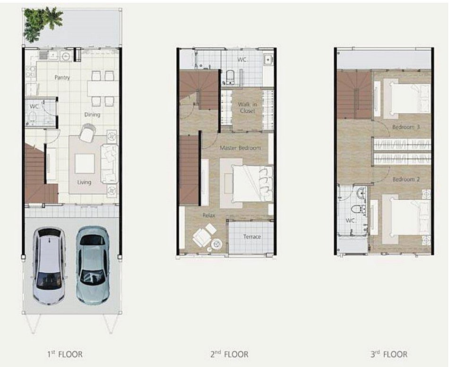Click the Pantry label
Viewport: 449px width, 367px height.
click(x=62, y=78)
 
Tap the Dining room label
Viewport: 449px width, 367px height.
click(x=92, y=115)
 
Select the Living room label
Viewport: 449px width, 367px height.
click(x=84, y=182)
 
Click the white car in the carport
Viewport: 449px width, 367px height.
click(x=49, y=266)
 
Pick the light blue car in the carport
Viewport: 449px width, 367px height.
click(x=93, y=265)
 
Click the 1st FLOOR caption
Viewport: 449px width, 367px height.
click(x=65, y=354)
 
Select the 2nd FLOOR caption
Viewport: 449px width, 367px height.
click(x=229, y=354)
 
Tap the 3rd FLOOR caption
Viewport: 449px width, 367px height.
click(x=389, y=354)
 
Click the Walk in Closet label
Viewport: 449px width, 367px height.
click(x=247, y=107)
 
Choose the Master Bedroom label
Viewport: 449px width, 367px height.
click(x=240, y=148)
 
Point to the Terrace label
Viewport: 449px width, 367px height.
click(x=252, y=237)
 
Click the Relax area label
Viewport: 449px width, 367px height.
click(x=209, y=215)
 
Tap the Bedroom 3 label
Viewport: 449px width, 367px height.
click(x=406, y=127)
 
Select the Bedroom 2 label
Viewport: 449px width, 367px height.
click(x=406, y=179)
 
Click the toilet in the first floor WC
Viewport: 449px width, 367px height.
click(x=32, y=117)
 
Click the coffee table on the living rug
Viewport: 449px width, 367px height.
click(x=85, y=163)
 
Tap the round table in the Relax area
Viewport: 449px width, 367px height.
click(x=216, y=244)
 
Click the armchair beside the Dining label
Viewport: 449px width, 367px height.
click(x=87, y=133)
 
